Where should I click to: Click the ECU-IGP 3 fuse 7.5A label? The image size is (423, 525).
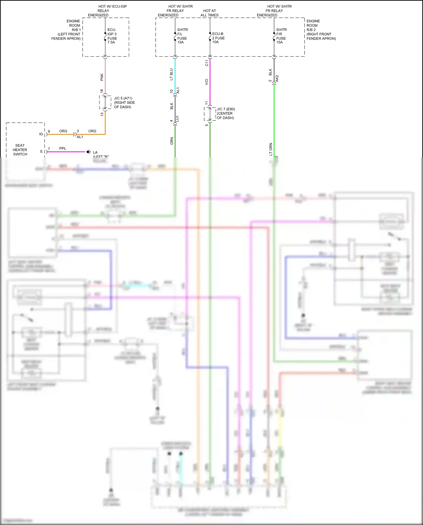(112, 36)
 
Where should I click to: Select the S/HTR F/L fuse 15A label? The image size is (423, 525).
(182, 36)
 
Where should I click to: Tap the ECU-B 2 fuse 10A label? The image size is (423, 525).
(218, 38)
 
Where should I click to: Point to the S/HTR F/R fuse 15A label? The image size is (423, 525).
(281, 36)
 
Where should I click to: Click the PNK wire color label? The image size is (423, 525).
(102, 77)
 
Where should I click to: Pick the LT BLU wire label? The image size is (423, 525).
(171, 74)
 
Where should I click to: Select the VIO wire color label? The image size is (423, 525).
(206, 82)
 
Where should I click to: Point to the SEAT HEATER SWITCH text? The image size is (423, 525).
(20, 150)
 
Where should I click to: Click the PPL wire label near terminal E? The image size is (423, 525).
(63, 148)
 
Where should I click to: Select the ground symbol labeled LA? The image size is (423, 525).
(89, 152)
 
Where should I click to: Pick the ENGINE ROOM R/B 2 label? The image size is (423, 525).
(321, 30)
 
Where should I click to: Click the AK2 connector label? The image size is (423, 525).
(277, 78)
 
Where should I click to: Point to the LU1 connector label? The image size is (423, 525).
(177, 119)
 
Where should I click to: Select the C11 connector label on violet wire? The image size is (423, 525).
(206, 63)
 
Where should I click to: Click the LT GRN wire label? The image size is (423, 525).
(271, 149)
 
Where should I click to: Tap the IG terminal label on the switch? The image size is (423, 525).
(41, 134)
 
